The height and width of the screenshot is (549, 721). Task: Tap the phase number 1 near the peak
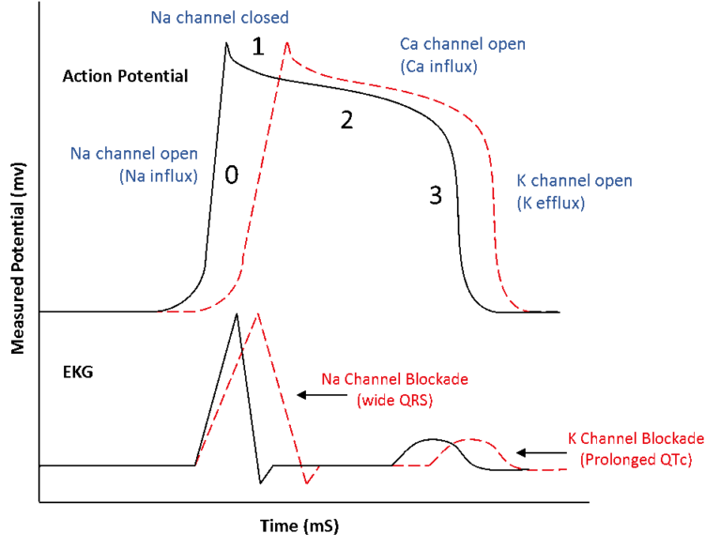tap(257, 47)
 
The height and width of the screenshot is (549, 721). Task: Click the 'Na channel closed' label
tap(219, 18)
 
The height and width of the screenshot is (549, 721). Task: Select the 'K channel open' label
tap(575, 180)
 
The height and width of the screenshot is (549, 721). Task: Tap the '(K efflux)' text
tap(551, 202)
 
